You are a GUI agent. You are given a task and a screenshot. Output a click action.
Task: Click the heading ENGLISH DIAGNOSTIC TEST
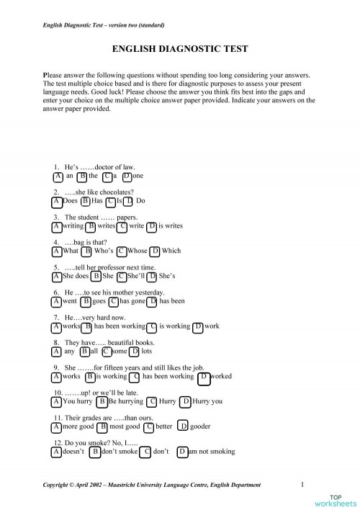click(x=181, y=49)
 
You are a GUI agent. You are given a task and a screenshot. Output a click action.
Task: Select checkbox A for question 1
click(x=57, y=176)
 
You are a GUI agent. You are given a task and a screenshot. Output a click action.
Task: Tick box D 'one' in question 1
click(x=127, y=176)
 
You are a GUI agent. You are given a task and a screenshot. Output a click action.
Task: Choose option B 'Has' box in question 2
click(x=86, y=201)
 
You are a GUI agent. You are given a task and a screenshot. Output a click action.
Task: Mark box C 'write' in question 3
click(x=123, y=226)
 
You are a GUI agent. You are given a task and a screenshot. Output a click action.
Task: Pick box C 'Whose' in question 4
click(x=122, y=251)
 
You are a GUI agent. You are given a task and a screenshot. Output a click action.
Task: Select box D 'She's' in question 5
click(x=153, y=276)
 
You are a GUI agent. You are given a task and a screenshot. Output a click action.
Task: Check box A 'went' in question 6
click(x=57, y=301)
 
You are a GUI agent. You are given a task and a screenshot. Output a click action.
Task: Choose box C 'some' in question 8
click(x=107, y=352)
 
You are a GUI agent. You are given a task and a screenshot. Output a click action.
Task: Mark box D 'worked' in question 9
click(x=204, y=376)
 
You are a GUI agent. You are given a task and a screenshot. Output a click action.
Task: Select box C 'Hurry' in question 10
click(x=152, y=401)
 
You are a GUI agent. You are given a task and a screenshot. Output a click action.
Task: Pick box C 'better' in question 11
click(x=149, y=426)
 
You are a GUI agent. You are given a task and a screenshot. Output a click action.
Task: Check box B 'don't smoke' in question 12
click(x=94, y=452)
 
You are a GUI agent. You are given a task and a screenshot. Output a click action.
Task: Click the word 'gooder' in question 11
click(x=200, y=426)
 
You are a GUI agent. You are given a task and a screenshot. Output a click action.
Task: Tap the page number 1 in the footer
click(x=302, y=484)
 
